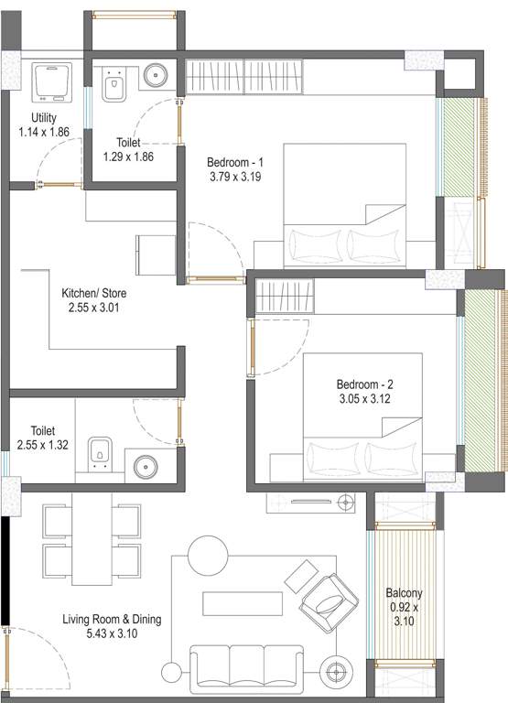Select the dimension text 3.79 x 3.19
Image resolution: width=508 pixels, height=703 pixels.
coord(236,178)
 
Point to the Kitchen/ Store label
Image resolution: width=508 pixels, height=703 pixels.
coord(93,293)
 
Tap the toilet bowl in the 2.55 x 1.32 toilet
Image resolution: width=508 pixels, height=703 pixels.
coord(101,452)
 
